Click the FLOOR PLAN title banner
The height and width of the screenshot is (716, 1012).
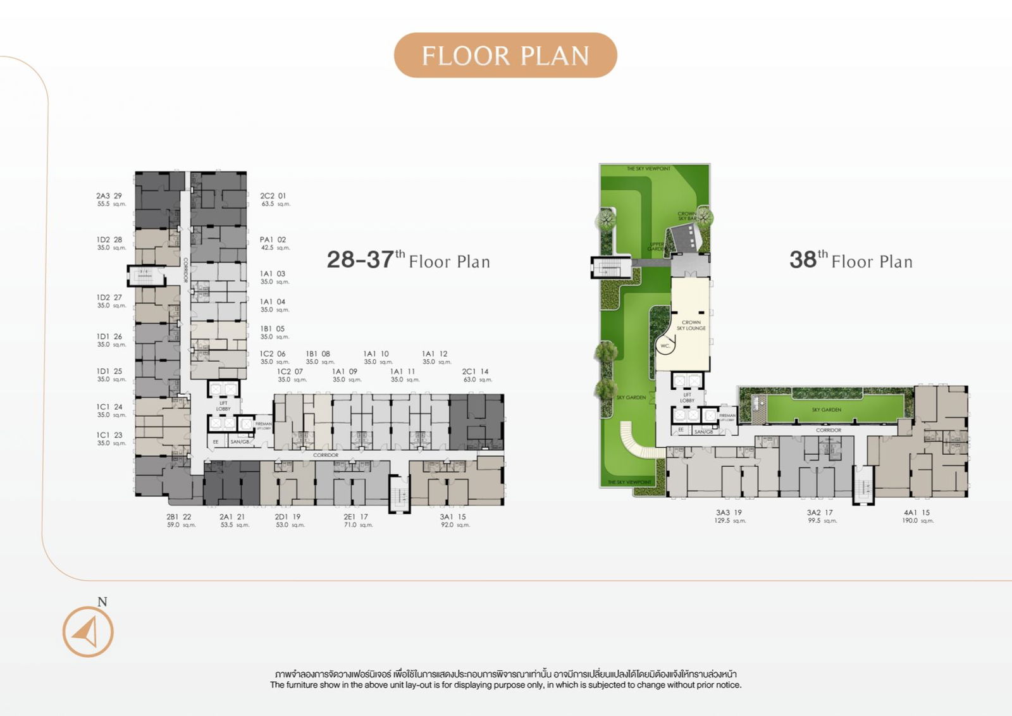point(505,56)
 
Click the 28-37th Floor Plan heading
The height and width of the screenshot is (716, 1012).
point(408,260)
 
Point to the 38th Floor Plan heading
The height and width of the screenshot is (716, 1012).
point(851,260)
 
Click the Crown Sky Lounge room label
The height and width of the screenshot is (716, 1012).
point(691,325)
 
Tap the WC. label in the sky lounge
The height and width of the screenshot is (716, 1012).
point(665,346)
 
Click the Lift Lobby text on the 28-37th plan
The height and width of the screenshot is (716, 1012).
point(223,405)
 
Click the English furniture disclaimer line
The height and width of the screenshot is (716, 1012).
point(505,685)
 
